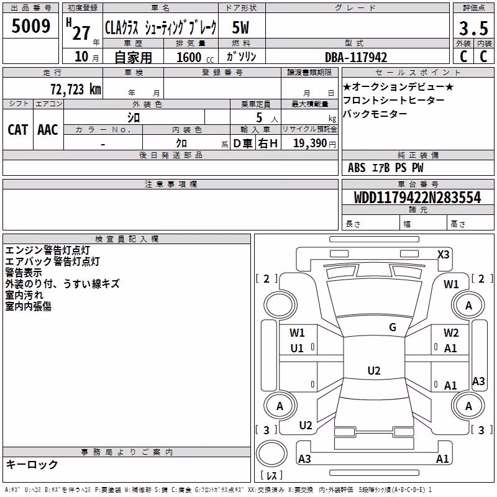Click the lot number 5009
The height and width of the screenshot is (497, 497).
[30, 26]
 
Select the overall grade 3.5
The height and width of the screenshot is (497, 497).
[473, 28]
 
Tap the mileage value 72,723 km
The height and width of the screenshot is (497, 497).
[76, 89]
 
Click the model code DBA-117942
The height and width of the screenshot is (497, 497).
[356, 57]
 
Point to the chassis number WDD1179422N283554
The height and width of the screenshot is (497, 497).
[417, 197]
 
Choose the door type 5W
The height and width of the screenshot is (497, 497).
[240, 27]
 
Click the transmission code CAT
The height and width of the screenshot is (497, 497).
[18, 130]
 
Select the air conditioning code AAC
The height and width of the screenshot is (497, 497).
[48, 130]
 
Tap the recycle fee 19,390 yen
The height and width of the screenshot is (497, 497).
[314, 144]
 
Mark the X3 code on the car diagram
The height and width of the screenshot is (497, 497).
[443, 254]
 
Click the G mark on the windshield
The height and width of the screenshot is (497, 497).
[393, 327]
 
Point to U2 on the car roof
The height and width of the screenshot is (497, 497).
[374, 370]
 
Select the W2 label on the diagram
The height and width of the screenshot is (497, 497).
[451, 332]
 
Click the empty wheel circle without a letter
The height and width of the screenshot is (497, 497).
[280, 305]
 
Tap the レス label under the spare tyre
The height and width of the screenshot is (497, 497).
[271, 475]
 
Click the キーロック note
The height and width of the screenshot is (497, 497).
[32, 465]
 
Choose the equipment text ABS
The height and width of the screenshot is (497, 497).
[357, 168]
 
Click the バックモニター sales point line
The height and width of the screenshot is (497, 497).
[375, 114]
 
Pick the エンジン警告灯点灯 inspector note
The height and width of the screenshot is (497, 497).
[48, 250]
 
